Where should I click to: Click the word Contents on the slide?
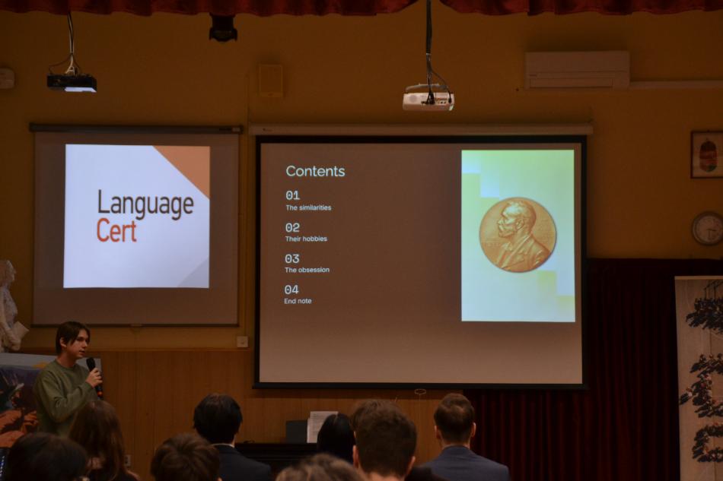(315, 171)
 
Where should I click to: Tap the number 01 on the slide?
(293, 195)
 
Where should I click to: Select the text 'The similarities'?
(308, 207)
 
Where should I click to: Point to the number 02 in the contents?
(292, 227)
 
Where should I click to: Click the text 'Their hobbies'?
(306, 239)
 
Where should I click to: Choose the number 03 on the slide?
(292, 258)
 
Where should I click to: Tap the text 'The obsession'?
(307, 270)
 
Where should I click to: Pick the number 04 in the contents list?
(291, 290)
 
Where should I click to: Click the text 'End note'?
(298, 301)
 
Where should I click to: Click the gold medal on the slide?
(518, 234)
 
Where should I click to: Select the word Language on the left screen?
(145, 204)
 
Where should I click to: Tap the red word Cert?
(116, 231)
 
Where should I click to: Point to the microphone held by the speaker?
(94, 376)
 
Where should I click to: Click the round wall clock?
(707, 228)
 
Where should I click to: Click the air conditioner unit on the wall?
(577, 70)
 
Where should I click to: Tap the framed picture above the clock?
(707, 154)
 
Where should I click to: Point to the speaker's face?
(78, 343)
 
